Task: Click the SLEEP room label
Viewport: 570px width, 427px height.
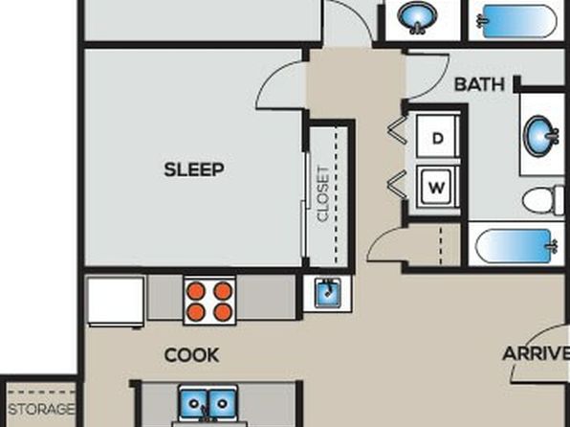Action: pyautogui.click(x=194, y=170)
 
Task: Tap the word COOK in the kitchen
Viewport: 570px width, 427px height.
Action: pyautogui.click(x=191, y=355)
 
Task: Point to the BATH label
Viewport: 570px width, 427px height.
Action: pyautogui.click(x=479, y=84)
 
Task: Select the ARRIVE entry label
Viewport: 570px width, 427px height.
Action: pyautogui.click(x=536, y=353)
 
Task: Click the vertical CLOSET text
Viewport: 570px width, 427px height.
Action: pyautogui.click(x=323, y=193)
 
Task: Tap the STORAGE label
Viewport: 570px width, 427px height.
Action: pyautogui.click(x=41, y=409)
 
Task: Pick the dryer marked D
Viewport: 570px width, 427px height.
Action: pyautogui.click(x=437, y=137)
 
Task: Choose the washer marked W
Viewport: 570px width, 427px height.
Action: pyautogui.click(x=436, y=187)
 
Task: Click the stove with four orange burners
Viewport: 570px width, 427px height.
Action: pyautogui.click(x=209, y=301)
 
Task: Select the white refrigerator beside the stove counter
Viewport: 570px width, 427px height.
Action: pyautogui.click(x=116, y=302)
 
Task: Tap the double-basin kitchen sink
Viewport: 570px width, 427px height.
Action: pyautogui.click(x=208, y=404)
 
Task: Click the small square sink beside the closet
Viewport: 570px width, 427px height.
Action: pyautogui.click(x=327, y=293)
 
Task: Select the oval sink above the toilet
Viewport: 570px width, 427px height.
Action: pyautogui.click(x=541, y=135)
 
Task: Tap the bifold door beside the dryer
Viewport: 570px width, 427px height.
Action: pyautogui.click(x=397, y=128)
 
